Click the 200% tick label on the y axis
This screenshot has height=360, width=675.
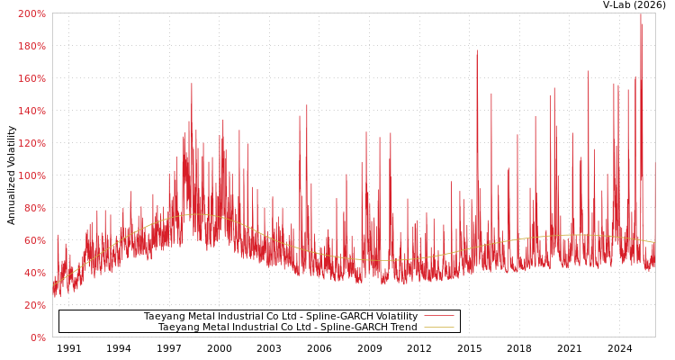(x=31, y=13)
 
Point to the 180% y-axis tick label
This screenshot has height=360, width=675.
(x=31, y=46)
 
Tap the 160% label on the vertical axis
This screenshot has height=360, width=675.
(x=31, y=78)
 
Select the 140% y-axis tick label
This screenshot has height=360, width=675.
(x=31, y=111)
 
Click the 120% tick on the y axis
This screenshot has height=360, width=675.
(x=31, y=143)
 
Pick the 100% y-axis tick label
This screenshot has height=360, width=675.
(x=31, y=175)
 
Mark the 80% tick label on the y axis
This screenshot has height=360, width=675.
(x=34, y=208)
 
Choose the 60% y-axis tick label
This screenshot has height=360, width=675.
(x=34, y=240)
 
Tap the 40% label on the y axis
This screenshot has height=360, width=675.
(x=34, y=273)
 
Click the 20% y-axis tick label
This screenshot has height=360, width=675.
(x=34, y=305)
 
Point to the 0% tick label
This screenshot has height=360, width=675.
(x=37, y=337)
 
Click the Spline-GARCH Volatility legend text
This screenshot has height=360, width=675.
(x=280, y=317)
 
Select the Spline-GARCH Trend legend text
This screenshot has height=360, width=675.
(x=287, y=328)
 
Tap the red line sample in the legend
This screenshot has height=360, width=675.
(x=438, y=316)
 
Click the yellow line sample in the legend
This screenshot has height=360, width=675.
(x=438, y=327)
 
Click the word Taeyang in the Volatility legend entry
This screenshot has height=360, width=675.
(x=164, y=317)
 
